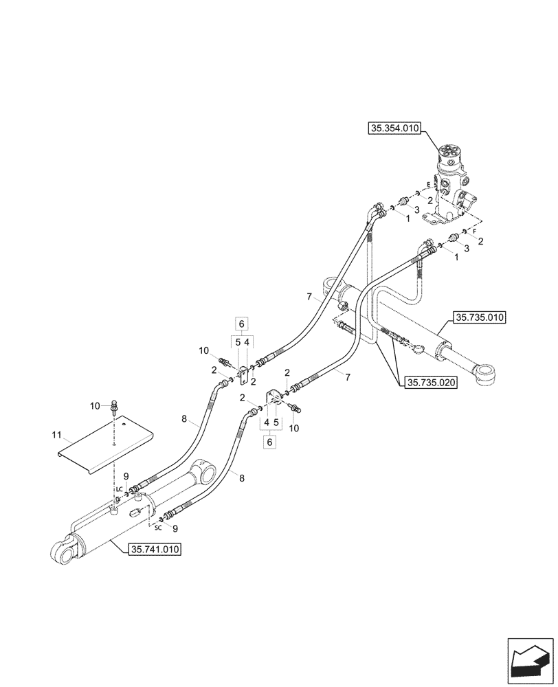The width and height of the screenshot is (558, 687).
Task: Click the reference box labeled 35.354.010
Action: tap(394, 128)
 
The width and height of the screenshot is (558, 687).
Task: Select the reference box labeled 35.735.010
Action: tap(479, 317)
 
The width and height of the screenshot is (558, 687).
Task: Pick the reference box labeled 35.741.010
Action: tap(155, 549)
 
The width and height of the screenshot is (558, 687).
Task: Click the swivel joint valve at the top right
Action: tap(454, 179)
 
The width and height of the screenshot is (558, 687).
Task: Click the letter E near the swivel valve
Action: tap(428, 185)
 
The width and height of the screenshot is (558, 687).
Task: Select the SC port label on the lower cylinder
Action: tap(157, 528)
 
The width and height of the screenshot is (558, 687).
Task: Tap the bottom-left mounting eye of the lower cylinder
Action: tap(63, 552)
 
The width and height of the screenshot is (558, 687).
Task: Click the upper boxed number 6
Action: tap(241, 323)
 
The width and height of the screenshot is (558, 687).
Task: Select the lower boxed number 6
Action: tap(269, 443)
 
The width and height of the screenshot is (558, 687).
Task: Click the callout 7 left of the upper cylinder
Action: tap(310, 296)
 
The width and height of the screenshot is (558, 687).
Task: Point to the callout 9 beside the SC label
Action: tap(175, 528)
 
